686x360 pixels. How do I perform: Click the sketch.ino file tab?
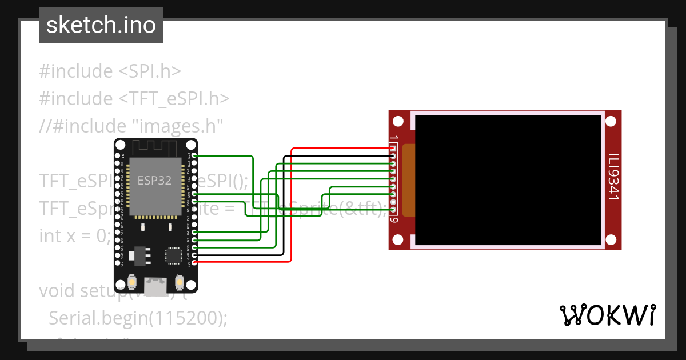[101, 25]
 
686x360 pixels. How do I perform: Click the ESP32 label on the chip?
[154, 181]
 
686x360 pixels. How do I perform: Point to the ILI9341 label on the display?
[613, 177]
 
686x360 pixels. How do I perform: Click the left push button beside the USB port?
[132, 282]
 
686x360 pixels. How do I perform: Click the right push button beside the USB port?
[179, 282]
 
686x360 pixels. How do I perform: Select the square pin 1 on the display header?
[393, 149]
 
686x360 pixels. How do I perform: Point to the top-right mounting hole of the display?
[611, 121]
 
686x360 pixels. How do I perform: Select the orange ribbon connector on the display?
[408, 181]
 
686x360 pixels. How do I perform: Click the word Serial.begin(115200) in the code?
[138, 318]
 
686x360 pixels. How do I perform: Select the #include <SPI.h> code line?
[110, 71]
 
